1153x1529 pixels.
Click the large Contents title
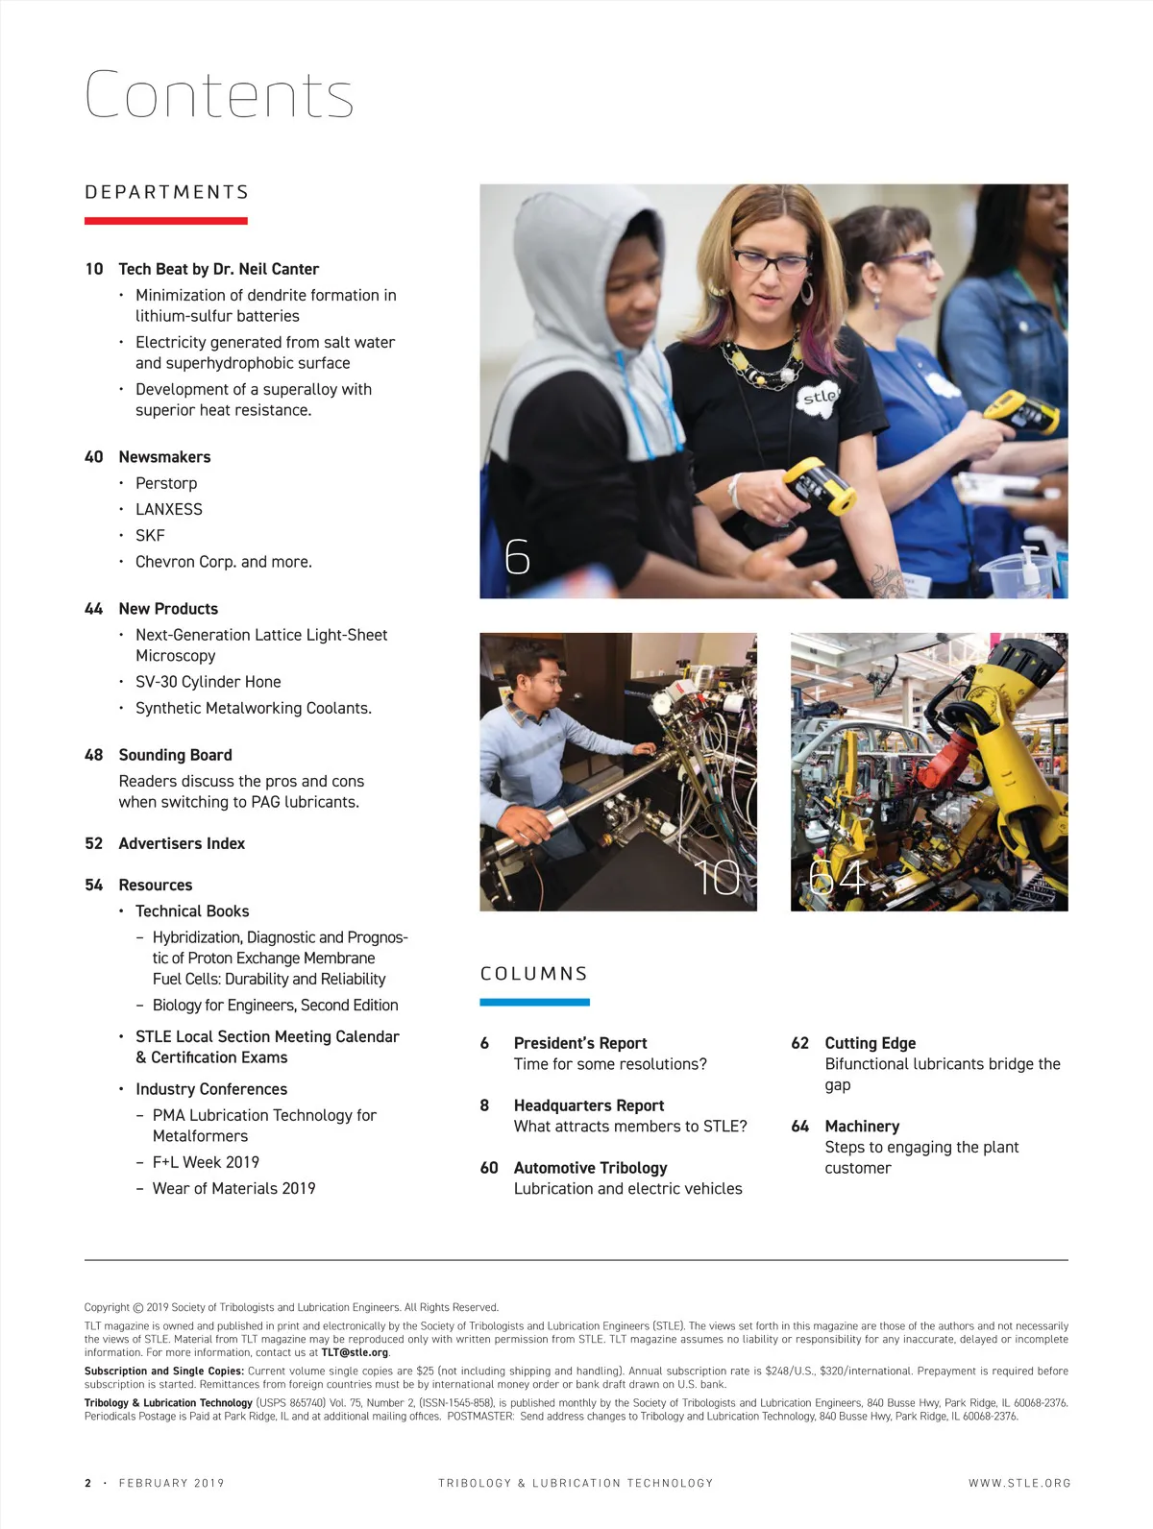(x=219, y=95)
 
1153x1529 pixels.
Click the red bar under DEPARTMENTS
(x=165, y=221)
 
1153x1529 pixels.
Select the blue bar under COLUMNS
(x=534, y=1002)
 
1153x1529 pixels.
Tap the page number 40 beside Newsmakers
(x=93, y=457)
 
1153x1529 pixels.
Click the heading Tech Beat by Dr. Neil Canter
(x=218, y=269)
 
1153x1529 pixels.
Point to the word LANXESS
(x=169, y=509)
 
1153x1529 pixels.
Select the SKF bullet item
(x=150, y=535)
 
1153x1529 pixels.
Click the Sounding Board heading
(x=175, y=755)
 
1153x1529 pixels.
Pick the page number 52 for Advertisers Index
(x=93, y=843)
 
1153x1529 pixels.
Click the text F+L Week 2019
(x=206, y=1162)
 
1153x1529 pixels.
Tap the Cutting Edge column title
(x=870, y=1043)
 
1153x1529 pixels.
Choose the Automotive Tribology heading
(x=590, y=1168)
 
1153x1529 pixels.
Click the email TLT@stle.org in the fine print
(x=356, y=1352)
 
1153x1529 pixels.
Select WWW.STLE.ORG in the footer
(x=1018, y=1483)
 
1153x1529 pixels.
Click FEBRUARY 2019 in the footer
(x=171, y=1483)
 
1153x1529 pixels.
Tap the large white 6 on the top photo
(x=517, y=556)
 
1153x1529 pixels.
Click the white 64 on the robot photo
(x=837, y=876)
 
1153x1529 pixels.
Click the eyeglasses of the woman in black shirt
(x=769, y=259)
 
